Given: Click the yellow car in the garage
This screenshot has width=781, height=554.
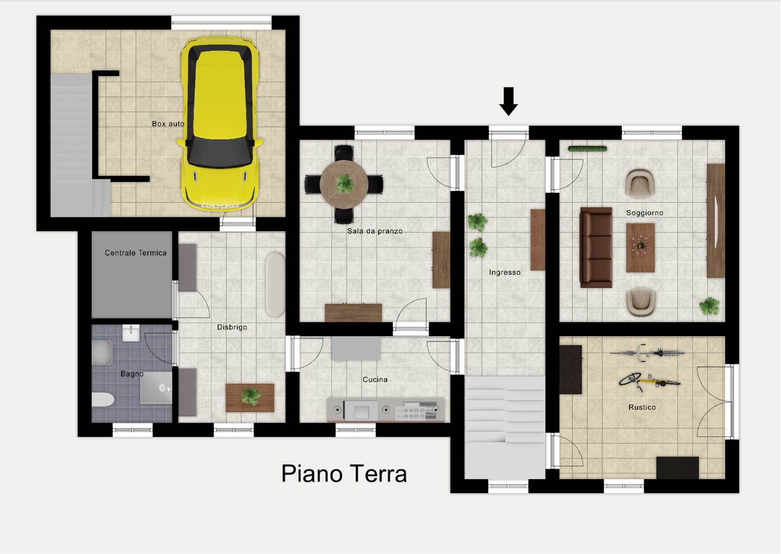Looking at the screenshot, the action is coord(220,124).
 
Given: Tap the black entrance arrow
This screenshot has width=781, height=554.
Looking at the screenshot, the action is coord(508,101).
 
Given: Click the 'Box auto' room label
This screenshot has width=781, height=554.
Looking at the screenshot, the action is coord(168,124).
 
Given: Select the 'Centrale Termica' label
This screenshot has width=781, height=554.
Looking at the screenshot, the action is coord(135,253).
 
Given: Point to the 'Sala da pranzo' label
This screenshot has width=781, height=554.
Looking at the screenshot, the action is coord(375,231).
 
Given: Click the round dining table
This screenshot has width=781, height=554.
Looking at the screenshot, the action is coord(344,184).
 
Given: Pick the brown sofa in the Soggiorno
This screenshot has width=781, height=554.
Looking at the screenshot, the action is coord(596,247).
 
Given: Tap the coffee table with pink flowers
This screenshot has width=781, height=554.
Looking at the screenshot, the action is coord(640,248).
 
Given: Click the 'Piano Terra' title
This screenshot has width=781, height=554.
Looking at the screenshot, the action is coord(344,474).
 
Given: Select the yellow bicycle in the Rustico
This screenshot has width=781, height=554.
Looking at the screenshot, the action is coord(649,382).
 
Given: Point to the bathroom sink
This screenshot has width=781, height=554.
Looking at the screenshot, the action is coord(131,333).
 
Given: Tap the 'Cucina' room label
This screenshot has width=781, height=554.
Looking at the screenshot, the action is coord(375,380).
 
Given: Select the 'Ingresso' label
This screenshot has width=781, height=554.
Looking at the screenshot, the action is coord(505,273).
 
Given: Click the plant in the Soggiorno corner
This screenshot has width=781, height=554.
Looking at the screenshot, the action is coord(709,306).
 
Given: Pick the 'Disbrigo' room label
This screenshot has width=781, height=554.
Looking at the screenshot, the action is coord(232,327).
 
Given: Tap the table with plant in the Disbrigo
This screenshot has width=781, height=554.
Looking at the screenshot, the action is coord(250,398).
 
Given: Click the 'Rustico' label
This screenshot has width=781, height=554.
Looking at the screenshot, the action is coord(642,407).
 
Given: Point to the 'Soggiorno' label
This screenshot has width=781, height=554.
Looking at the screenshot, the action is coord(645,213).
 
